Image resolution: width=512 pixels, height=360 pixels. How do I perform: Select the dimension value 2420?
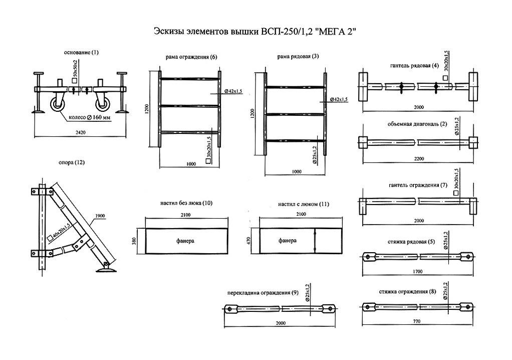[81, 133]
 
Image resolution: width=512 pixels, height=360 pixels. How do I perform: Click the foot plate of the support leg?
[106, 271]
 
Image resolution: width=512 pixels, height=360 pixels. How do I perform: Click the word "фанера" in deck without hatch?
[185, 241]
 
